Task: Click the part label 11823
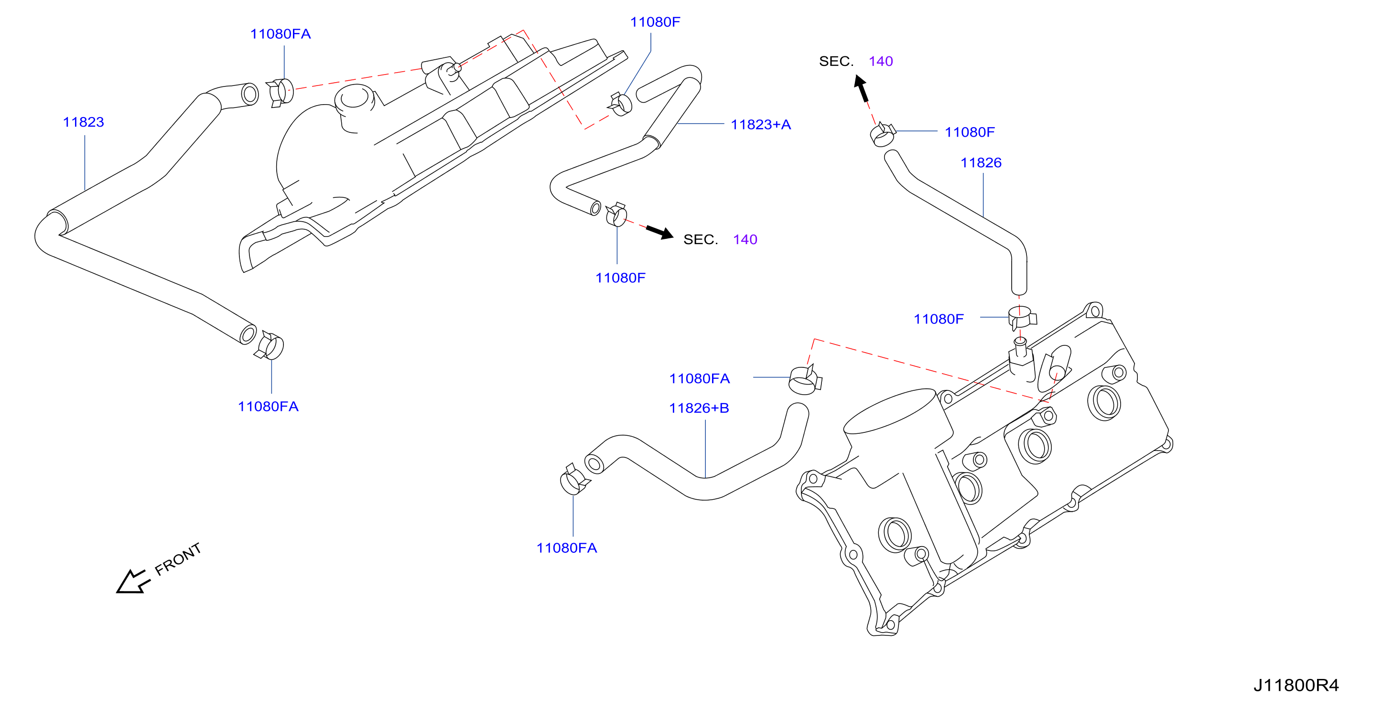tap(83, 122)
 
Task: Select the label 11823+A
tap(761, 125)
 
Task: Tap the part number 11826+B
tap(699, 408)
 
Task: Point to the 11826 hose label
tap(981, 163)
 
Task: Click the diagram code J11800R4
tap(1296, 686)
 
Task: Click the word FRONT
tap(178, 559)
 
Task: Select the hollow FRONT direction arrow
tap(133, 582)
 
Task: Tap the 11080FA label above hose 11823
tap(280, 34)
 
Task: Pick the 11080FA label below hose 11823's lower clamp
tap(268, 407)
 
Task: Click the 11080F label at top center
tap(655, 22)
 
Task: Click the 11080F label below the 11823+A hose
tap(620, 278)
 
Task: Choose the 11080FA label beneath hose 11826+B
tap(567, 548)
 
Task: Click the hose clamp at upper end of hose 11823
tap(280, 93)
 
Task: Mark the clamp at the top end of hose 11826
tap(883, 134)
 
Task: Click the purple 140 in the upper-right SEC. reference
tap(881, 61)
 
